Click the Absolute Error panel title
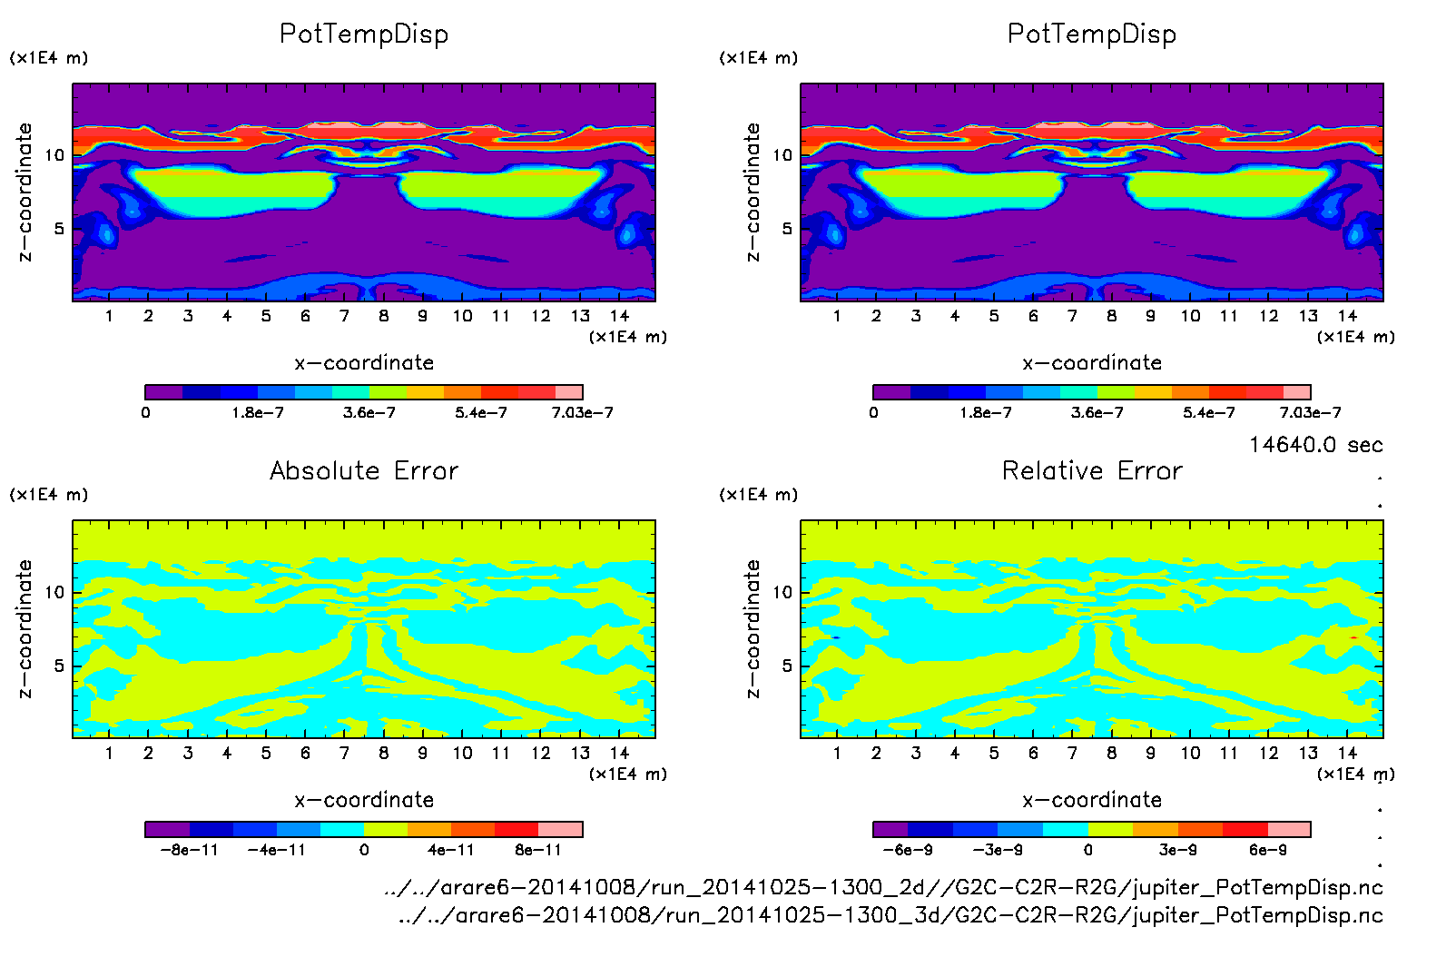364,470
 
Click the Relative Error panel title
1092,470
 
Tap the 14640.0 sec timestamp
1315,445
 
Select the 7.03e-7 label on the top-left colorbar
582,412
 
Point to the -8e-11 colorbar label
189,850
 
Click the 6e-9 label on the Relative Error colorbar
1267,850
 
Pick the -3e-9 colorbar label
998,850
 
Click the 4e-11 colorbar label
450,850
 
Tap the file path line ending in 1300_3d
890,915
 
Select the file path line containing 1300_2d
883,887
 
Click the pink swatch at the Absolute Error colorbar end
560,829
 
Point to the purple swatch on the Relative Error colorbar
890,829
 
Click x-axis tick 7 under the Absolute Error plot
344,753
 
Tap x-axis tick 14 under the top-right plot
1347,316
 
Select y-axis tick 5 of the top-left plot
59,229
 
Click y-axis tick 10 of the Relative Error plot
782,593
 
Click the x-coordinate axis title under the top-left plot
364,363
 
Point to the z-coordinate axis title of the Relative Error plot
752,629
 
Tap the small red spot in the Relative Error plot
1353,637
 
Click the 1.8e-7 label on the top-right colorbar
986,412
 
